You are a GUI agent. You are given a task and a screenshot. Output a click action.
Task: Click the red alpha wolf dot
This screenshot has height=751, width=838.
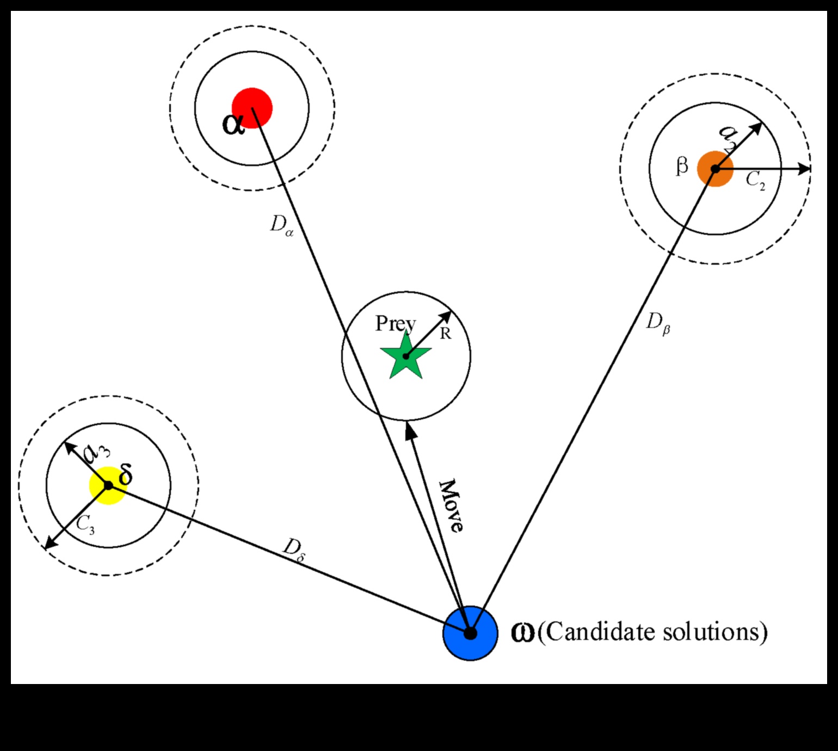pyautogui.click(x=252, y=107)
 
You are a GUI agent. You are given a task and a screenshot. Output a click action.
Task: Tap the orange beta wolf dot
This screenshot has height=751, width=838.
pyautogui.click(x=715, y=169)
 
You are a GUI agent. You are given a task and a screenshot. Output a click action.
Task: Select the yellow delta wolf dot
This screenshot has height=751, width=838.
pyautogui.click(x=108, y=485)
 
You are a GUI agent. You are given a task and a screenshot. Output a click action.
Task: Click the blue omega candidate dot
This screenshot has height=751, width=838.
pyautogui.click(x=470, y=633)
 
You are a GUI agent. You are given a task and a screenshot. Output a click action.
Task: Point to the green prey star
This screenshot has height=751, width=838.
pyautogui.click(x=405, y=357)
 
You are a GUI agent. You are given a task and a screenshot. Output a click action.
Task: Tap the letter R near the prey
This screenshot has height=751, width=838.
pyautogui.click(x=445, y=333)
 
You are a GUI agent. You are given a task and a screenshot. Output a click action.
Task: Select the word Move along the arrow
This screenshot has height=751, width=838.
pyautogui.click(x=452, y=505)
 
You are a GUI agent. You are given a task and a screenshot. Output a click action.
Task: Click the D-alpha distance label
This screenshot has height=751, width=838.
pyautogui.click(x=281, y=224)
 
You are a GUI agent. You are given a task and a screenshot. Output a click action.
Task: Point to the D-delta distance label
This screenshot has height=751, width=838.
pyautogui.click(x=294, y=548)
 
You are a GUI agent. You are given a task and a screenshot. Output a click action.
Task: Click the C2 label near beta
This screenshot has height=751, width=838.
pyautogui.click(x=755, y=180)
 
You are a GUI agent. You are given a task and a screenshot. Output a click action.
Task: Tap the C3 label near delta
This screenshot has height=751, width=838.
pyautogui.click(x=85, y=524)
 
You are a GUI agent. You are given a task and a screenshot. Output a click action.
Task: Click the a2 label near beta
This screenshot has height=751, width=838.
pyautogui.click(x=728, y=137)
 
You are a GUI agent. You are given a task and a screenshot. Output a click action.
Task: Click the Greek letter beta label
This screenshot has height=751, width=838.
pyautogui.click(x=681, y=166)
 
